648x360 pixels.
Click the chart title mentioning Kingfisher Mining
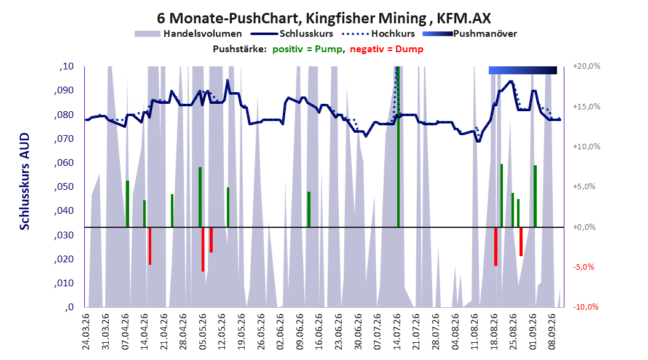pos(323,18)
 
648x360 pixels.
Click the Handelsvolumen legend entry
pos(188,34)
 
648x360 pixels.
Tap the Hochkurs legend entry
pos(378,34)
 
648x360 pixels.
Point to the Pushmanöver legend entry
pos(470,34)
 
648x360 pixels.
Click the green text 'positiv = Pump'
pos(307,49)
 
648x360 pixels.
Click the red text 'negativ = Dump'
pos(387,49)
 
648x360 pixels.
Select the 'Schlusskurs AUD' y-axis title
pos(25,181)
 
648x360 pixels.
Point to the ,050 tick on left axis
pos(64,187)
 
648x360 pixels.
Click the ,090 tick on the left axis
pos(64,90)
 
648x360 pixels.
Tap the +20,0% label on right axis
pos(587,66)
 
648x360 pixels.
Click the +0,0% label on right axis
pos(584,227)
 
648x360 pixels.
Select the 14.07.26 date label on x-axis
pos(397,332)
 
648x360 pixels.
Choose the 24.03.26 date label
pos(86,332)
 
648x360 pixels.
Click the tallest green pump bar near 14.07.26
pos(398,147)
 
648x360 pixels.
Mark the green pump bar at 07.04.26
pos(127,204)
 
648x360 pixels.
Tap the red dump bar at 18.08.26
pos(496,246)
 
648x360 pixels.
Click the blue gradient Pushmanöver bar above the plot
pos(523,70)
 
